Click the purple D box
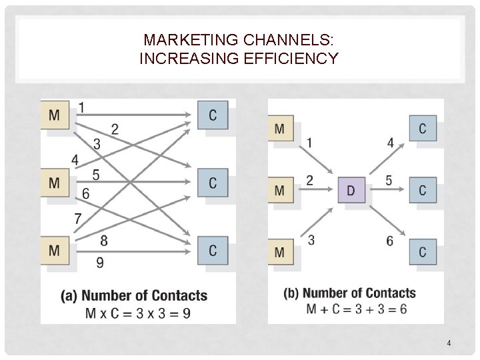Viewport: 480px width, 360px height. (x=351, y=191)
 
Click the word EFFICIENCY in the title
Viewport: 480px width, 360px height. (x=296, y=59)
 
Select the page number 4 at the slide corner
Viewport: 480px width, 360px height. (x=449, y=343)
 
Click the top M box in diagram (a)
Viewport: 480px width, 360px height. (x=55, y=115)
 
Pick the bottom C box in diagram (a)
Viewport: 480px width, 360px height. (x=213, y=250)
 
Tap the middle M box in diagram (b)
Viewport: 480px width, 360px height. (x=280, y=191)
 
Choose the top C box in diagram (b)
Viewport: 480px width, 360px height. (x=423, y=128)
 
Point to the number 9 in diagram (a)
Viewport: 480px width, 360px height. (x=99, y=263)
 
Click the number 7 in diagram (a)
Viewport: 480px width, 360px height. (x=78, y=218)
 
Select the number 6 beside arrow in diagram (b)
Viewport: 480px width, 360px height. (x=389, y=241)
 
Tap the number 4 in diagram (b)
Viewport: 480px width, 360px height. (x=390, y=142)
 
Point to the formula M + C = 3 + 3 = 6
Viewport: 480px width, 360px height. (x=357, y=309)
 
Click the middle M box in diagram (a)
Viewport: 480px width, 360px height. (x=55, y=181)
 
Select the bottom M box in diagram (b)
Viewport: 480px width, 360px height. (x=280, y=253)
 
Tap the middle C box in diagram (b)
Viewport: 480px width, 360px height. (x=423, y=191)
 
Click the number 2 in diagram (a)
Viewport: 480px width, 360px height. (x=115, y=129)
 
